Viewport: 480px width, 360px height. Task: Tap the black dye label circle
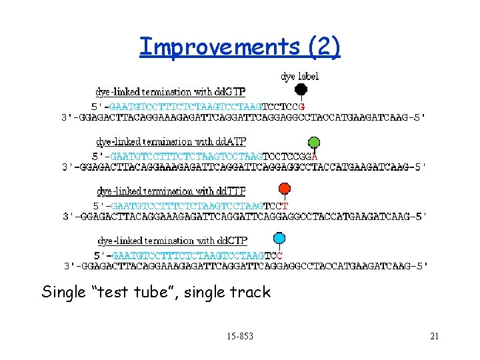pos(301,89)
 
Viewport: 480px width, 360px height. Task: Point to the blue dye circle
pos(279,238)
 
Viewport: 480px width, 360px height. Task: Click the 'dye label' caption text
pos(300,77)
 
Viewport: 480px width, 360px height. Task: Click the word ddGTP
pos(245,92)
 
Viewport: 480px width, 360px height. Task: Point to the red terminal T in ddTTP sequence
pos(285,205)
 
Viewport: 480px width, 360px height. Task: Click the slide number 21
pos(434,336)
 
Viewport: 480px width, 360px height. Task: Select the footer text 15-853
pos(240,336)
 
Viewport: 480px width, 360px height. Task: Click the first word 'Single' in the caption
pos(64,292)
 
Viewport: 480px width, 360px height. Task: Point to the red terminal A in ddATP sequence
pos(315,156)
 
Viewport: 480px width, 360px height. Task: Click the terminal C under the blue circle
pos(279,255)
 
